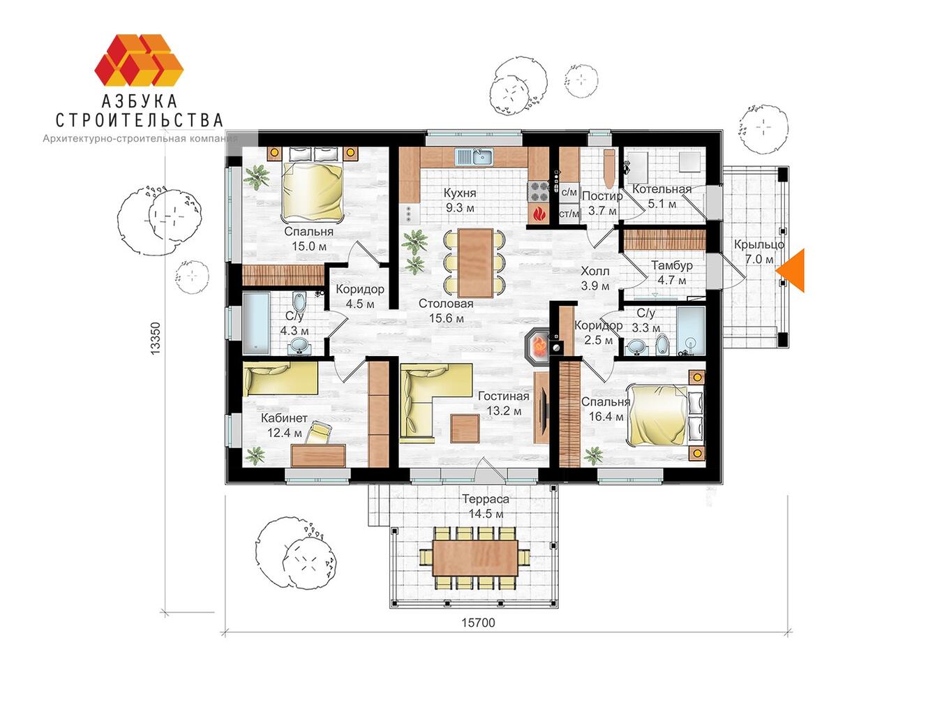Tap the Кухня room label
tap(460, 193)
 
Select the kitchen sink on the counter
tap(473, 156)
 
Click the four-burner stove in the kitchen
tap(538, 191)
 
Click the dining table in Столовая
tap(476, 263)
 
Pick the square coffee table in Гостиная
tap(465, 429)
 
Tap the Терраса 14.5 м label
tap(486, 506)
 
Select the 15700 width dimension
tap(478, 623)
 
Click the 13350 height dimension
tap(155, 339)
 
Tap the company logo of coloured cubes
tap(139, 60)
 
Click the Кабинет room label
tap(284, 418)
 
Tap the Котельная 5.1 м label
tap(662, 196)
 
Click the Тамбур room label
tap(672, 265)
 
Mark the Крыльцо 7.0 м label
tap(759, 251)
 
